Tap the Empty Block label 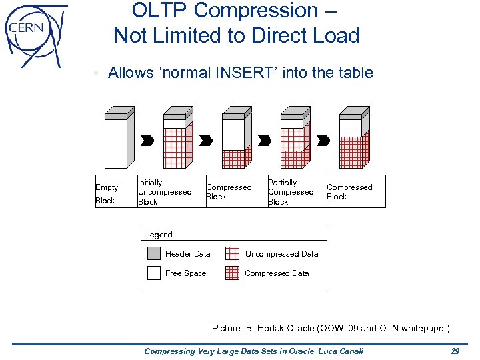pos(106,193)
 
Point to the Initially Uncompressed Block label pos(164,192)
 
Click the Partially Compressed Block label pos(290,192)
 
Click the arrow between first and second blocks pos(147,141)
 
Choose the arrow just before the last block pos(323,141)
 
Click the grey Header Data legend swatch pos(154,253)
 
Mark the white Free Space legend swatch pos(154,273)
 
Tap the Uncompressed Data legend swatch pos(232,253)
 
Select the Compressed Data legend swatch pos(232,273)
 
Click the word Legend pos(159,235)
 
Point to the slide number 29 pos(455,351)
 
